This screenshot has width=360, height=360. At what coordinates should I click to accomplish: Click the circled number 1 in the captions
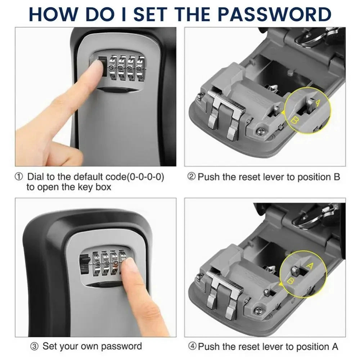(x=19, y=177)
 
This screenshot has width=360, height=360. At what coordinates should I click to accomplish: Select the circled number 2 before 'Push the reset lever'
(x=192, y=177)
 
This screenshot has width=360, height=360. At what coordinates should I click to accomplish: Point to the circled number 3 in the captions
(x=34, y=347)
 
